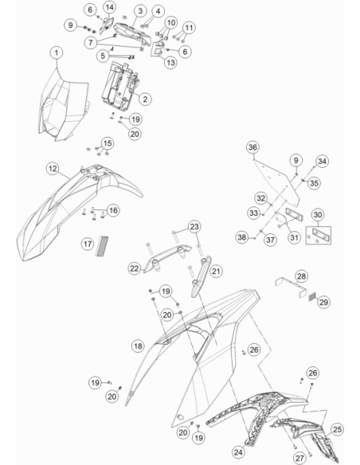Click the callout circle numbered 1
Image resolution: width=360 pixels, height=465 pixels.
click(x=57, y=53)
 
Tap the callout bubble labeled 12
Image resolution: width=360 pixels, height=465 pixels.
click(x=53, y=169)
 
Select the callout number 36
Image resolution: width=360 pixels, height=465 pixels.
click(x=252, y=147)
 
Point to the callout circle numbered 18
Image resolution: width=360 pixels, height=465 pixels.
click(x=138, y=346)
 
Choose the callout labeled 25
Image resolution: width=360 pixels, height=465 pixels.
click(x=337, y=429)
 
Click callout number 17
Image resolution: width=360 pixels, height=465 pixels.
click(x=88, y=244)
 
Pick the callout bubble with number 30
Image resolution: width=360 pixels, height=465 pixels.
click(x=318, y=214)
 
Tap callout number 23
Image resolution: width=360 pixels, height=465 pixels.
click(x=194, y=227)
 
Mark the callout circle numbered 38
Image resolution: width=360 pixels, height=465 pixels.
click(x=242, y=237)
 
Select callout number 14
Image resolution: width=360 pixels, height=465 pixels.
click(x=109, y=7)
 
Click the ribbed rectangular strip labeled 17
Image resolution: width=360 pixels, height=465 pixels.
click(x=102, y=246)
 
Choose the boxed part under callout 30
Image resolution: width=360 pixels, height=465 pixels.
click(x=319, y=236)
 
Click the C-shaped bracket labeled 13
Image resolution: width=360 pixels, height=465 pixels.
click(x=158, y=49)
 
